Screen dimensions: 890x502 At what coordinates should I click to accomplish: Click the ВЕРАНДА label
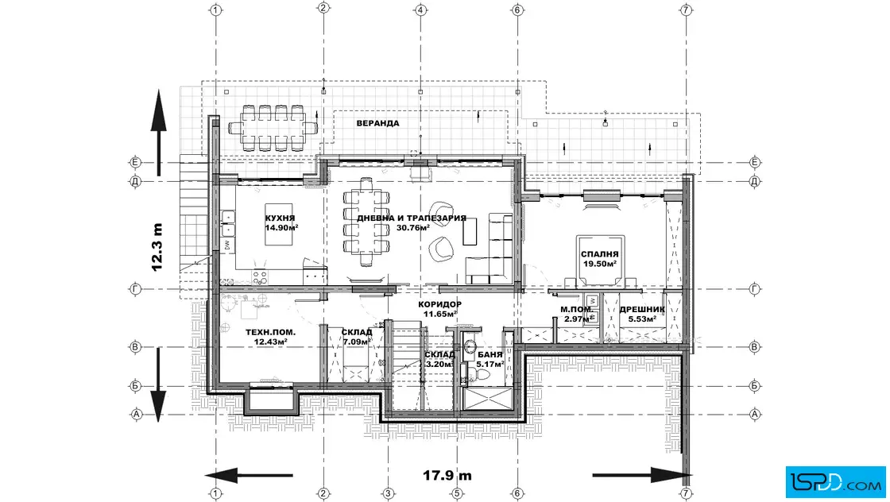click(377, 123)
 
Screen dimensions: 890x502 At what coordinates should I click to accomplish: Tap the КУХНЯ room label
click(280, 218)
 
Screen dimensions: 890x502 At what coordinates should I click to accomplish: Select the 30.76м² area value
click(412, 228)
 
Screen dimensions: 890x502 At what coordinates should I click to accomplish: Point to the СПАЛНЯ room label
click(599, 255)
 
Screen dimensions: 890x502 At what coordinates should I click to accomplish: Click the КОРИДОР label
click(440, 304)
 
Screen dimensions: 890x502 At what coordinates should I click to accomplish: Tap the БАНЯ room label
click(489, 355)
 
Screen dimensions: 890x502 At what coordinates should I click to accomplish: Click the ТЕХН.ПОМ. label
click(270, 332)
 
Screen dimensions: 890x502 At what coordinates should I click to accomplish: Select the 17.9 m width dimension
click(447, 475)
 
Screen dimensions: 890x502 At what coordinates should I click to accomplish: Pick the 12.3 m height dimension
click(157, 247)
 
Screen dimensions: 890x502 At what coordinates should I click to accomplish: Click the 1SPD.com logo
click(835, 482)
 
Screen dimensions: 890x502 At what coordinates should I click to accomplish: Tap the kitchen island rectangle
click(279, 225)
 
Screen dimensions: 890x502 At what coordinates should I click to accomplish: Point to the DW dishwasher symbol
click(227, 245)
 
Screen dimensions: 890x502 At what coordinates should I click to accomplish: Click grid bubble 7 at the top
click(687, 10)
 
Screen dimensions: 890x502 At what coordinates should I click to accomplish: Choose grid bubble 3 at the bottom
click(389, 493)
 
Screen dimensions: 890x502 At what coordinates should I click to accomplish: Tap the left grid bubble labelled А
click(136, 414)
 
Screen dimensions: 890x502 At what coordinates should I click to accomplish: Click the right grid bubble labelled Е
click(754, 163)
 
